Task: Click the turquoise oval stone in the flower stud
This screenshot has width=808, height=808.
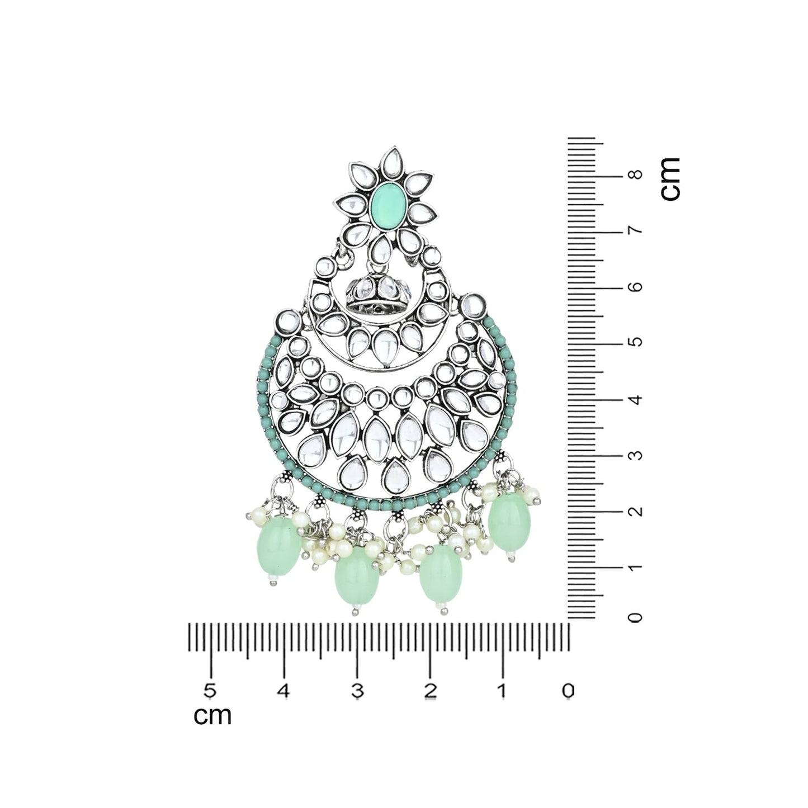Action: [386, 205]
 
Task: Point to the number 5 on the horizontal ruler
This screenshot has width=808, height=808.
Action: [210, 691]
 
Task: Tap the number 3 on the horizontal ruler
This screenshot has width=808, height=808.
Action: [357, 691]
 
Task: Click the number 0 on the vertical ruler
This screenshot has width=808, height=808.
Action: [636, 617]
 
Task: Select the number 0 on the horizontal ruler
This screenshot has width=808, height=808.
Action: [568, 691]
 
